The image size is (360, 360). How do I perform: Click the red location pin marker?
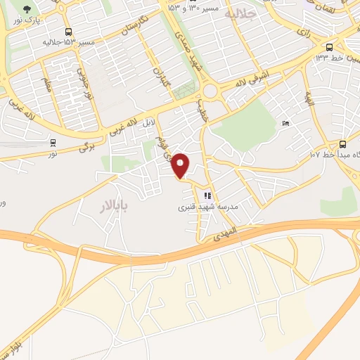181,166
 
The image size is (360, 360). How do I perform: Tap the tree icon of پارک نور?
27,10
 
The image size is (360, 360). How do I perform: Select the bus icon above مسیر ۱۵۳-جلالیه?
68,32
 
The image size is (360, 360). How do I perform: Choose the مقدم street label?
47,88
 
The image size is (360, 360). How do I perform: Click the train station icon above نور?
53,143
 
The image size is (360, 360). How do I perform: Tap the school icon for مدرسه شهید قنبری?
207,196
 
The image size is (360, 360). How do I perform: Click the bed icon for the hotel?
285,124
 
